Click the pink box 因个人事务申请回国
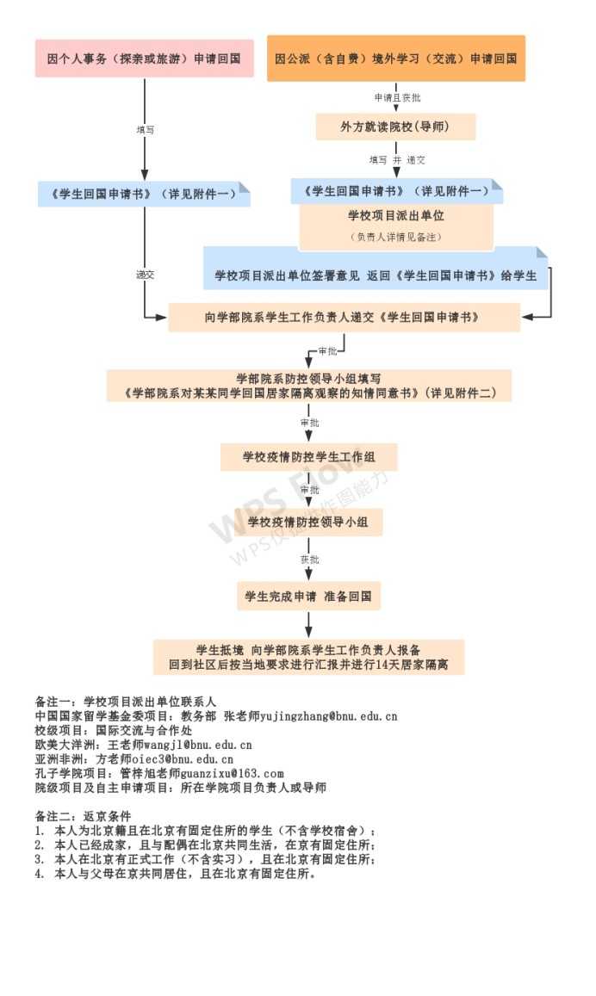click(x=144, y=59)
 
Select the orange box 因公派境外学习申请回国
click(x=395, y=59)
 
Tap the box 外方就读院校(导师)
click(x=395, y=127)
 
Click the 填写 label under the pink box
click(x=146, y=129)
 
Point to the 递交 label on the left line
click(x=145, y=275)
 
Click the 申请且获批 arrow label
click(x=397, y=98)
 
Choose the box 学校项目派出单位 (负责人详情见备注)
click(x=395, y=225)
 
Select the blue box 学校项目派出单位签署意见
click(x=376, y=275)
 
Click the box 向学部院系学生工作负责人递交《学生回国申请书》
click(x=344, y=317)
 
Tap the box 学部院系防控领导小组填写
click(x=308, y=386)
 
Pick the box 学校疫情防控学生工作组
click(x=308, y=455)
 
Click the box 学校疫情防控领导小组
click(x=308, y=522)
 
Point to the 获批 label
click(x=309, y=560)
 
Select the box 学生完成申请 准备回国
click(x=308, y=596)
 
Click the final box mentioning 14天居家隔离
click(x=308, y=657)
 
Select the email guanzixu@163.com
click(x=233, y=774)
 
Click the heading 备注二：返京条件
click(x=83, y=816)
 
